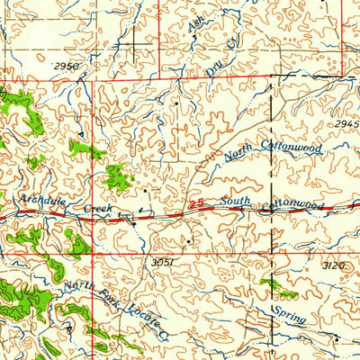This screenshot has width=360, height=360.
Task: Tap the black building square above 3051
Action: tap(188, 240)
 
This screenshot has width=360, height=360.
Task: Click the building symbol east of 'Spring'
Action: tap(335, 338)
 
